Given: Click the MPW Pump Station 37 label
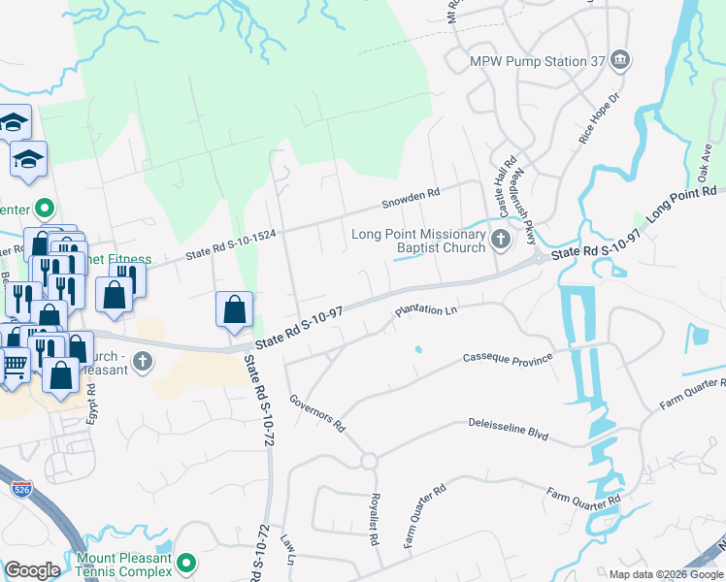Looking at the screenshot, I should [x=537, y=61].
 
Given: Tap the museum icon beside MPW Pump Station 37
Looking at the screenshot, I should [x=621, y=62].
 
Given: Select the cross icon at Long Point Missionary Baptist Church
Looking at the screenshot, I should [x=501, y=239].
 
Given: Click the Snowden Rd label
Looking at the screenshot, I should [x=411, y=197].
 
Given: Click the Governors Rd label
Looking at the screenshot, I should [x=318, y=411].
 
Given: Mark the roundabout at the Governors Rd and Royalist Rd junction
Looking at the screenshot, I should [x=369, y=460].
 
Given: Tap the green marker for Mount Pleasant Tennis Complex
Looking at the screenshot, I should [x=187, y=563].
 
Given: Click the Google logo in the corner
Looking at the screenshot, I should [x=31, y=570].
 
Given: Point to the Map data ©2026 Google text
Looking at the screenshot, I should [x=665, y=574].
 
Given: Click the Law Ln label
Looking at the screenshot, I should [x=287, y=548].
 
